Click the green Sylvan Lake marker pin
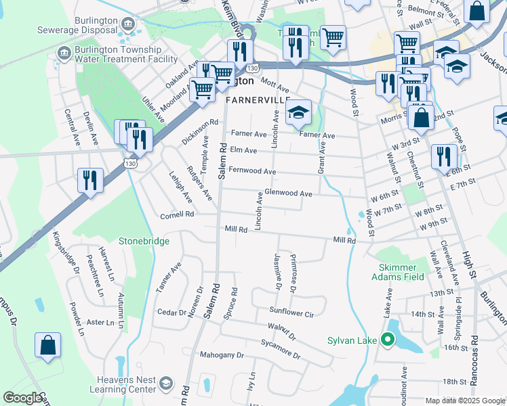tap(388, 340)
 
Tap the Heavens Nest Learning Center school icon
tap(165, 385)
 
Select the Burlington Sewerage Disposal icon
tap(126, 24)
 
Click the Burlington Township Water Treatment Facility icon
tap(64, 53)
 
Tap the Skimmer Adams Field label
tap(397, 271)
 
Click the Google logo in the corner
tap(22, 398)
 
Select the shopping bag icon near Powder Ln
tap(48, 345)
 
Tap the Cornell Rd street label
tap(177, 215)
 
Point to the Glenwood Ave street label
tap(288, 194)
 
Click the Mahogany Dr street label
tap(221, 355)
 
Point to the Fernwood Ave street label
tap(252, 171)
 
